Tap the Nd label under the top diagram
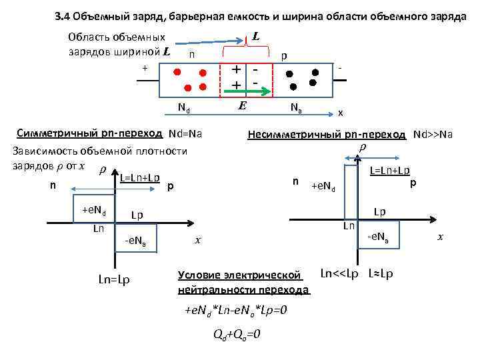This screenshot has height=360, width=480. tap(184, 107)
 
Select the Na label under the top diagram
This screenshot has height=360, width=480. tap(296, 107)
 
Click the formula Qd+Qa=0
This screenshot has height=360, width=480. tap(232, 334)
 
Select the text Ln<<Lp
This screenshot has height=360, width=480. tap(339, 273)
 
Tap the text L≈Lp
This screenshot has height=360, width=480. tap(380, 273)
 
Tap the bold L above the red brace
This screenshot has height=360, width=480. tap(255, 36)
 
